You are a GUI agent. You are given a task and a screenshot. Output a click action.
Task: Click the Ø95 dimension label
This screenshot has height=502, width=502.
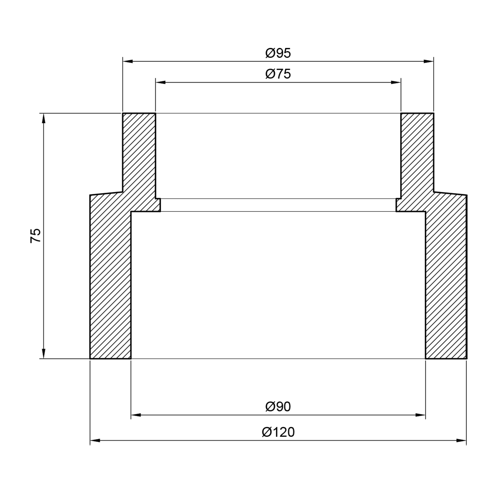278,53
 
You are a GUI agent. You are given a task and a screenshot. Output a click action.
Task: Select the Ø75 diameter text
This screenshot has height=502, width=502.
278,74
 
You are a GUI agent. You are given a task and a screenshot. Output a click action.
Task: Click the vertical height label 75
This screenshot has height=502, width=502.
36,236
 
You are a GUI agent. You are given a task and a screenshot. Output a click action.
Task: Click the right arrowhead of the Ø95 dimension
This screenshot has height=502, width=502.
428,61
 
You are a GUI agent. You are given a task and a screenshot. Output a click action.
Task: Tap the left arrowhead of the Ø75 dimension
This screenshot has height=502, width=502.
161,82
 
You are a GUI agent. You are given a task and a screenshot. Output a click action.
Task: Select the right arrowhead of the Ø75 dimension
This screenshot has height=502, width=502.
396,82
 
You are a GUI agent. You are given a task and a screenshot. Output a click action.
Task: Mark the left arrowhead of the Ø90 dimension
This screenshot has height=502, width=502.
136,415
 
